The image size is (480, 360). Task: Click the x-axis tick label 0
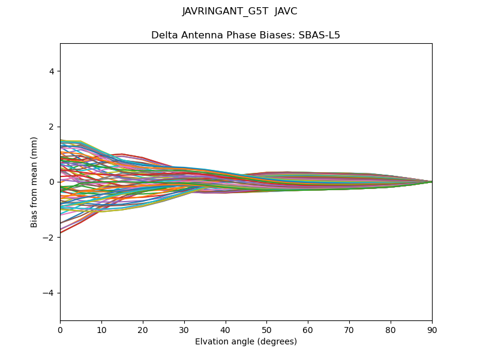60,329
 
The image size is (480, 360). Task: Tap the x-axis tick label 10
101,329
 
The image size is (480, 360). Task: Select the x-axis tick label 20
143,329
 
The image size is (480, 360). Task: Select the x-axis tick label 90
432,329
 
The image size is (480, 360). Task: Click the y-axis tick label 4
52,71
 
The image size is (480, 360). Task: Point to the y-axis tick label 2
52,127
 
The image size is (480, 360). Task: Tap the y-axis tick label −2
50,238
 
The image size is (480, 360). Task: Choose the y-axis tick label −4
50,293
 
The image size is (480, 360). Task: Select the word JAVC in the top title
286,11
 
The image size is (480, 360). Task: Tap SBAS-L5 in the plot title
319,35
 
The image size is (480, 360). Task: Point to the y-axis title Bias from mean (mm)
35,182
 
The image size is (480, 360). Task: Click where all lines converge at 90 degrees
431,182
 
